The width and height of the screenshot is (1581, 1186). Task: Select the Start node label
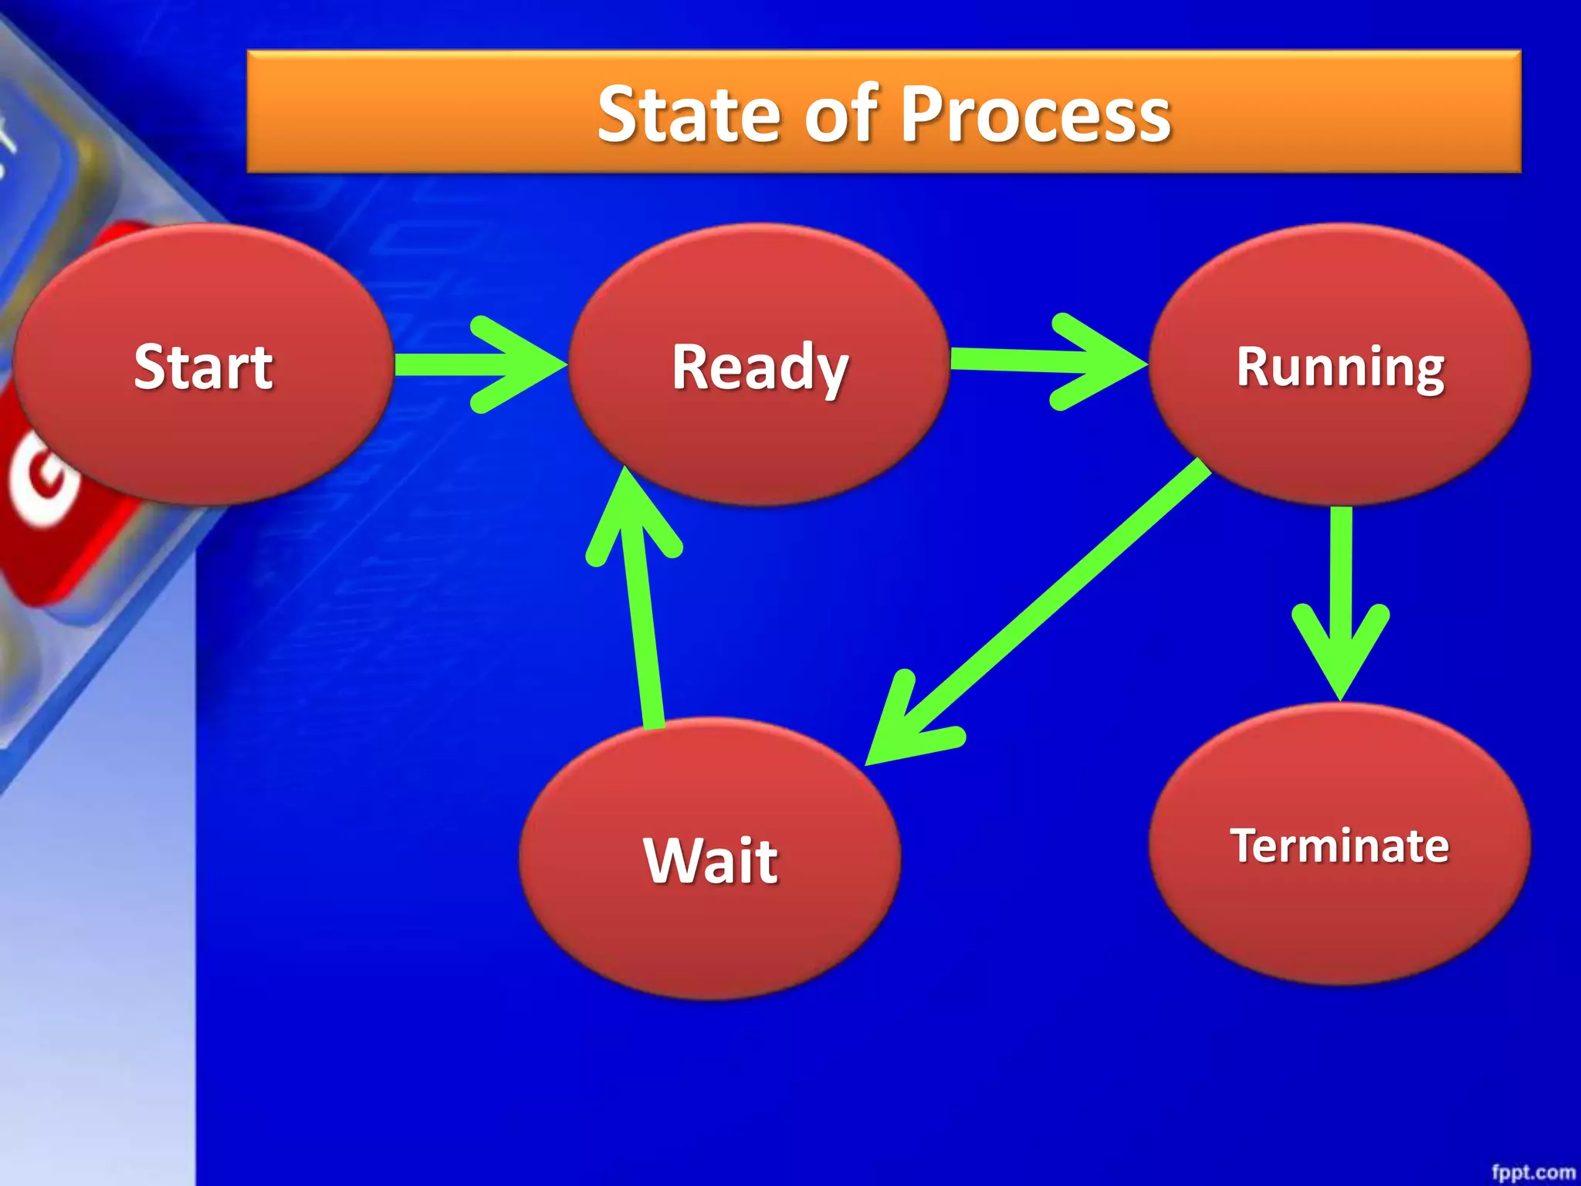point(203,367)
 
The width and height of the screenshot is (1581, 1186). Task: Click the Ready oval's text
point(760,368)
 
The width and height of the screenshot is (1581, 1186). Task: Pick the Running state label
point(1341,368)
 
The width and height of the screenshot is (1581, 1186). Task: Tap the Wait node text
point(711,860)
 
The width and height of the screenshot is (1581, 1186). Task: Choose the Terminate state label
point(1339,845)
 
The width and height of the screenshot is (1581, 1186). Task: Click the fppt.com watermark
point(1532,1172)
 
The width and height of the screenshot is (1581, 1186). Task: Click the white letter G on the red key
point(42,479)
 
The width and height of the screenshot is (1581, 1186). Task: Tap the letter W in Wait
point(671,860)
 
